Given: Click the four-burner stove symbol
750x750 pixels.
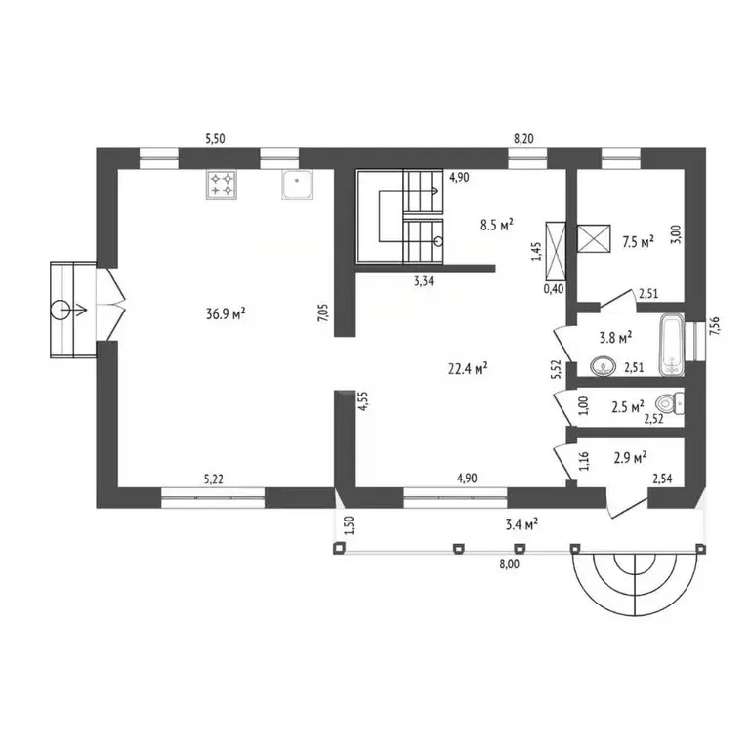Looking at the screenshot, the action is coord(222,185).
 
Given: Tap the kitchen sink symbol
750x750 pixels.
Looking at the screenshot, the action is coord(298,185).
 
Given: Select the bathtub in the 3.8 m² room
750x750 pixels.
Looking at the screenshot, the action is coord(672,345).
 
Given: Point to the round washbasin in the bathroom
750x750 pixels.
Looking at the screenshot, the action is coord(603,367).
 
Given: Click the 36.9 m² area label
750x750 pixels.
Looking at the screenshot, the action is coord(226,313).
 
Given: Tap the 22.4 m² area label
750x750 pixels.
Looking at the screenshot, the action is coord(468,369).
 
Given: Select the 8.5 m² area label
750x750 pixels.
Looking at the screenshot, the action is coord(497,225).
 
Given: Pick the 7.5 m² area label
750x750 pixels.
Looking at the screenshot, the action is coord(638,242).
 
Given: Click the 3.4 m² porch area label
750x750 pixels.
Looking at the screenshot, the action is coord(521,525).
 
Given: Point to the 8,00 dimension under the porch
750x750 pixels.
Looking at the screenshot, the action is coord(509,564).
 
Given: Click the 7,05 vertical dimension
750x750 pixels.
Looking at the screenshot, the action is coord(324,312).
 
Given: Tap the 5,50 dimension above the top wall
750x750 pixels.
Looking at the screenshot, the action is coord(215,139).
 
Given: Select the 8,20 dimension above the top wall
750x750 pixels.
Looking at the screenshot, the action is coord(523,139).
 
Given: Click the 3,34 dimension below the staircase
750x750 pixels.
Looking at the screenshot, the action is coord(424,281).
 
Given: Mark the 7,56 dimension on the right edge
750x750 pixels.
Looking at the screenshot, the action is coord(715,326).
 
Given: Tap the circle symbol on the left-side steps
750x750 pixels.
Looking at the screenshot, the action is coord(61,310).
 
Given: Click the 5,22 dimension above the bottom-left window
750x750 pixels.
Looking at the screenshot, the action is coord(214,479).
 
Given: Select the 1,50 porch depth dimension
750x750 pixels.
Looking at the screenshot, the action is coord(350,525).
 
